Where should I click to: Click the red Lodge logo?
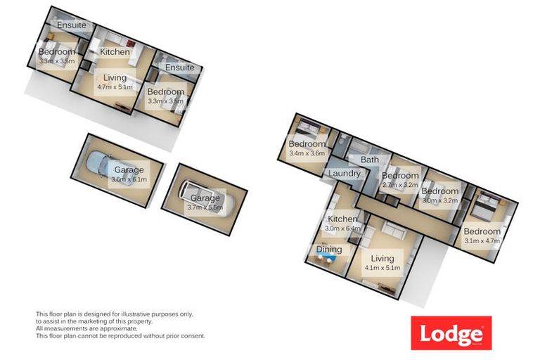pos(451,333)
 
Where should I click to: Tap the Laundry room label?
pos(344,173)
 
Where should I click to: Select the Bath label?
pos(369,160)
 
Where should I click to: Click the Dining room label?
pos(328,250)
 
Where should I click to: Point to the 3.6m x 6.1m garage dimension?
pos(129,179)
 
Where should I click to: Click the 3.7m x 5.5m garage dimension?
pos(205,207)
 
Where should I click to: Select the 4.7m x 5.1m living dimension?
pos(115,89)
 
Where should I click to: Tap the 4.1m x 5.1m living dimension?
pos(382,268)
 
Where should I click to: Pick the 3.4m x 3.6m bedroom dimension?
pos(307,154)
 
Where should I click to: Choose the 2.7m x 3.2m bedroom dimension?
pos(399,186)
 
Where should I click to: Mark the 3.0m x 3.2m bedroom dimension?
pos(439,200)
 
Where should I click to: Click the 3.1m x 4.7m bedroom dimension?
pos(482,240)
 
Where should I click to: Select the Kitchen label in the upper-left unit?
pos(115,52)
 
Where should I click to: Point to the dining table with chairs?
pos(324,262)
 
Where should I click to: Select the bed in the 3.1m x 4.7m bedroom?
pos(484,207)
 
